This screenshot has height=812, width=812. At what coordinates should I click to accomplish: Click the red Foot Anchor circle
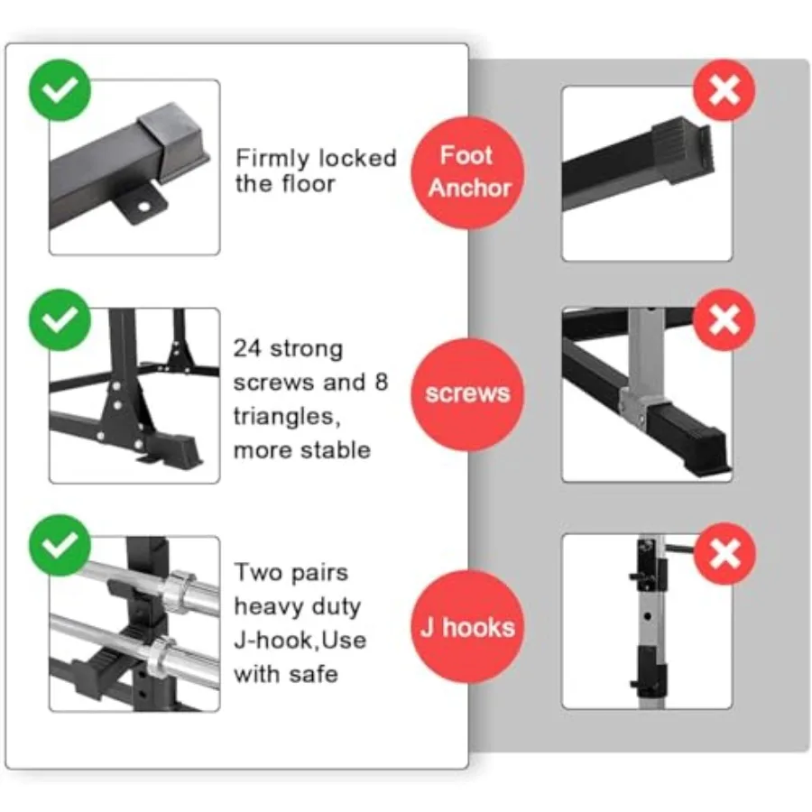467,173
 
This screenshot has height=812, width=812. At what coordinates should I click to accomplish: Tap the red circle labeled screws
467,394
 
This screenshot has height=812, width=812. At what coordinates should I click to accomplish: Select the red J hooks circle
467,627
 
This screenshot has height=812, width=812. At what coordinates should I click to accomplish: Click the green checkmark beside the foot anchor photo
60,90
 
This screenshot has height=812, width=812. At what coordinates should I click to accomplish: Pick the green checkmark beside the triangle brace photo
60,320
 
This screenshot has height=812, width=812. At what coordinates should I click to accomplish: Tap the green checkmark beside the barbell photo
60,545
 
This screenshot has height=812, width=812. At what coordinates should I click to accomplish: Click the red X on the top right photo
724,90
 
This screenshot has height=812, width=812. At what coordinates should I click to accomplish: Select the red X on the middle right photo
724,320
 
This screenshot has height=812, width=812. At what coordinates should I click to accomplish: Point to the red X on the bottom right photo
724,554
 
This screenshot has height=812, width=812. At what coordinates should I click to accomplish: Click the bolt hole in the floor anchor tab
144,208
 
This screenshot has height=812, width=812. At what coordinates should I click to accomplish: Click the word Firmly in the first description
272,158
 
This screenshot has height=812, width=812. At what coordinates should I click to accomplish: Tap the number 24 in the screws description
247,348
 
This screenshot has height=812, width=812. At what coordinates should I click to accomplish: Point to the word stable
337,450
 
